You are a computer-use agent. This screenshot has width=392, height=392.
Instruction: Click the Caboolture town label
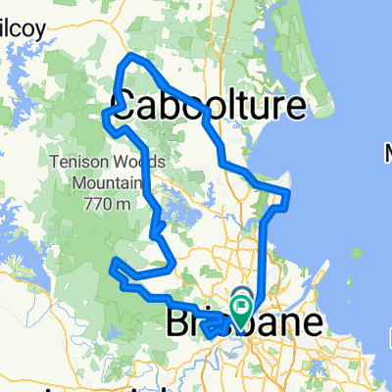tap(207, 106)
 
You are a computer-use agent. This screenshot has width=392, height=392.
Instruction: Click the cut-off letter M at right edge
tap(387, 153)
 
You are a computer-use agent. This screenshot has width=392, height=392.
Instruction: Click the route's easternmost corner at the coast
tap(290, 189)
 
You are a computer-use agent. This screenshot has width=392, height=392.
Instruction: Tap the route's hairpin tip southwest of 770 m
tap(113, 263)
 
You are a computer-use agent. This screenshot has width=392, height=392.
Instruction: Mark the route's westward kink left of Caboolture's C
tap(105, 116)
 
